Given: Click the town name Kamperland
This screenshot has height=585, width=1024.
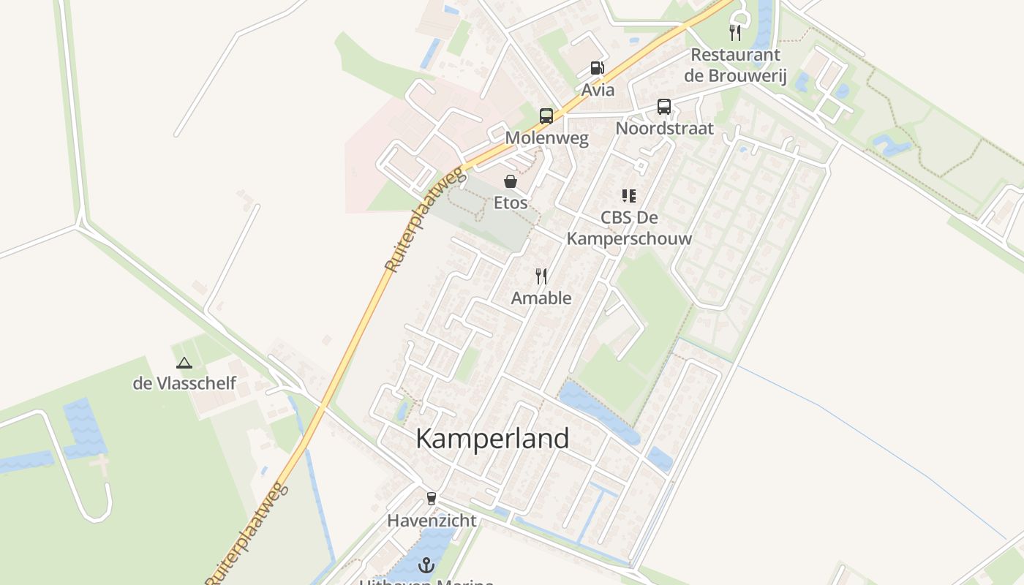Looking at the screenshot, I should [x=492, y=439].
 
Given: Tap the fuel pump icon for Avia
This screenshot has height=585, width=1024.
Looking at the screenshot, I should [x=598, y=69].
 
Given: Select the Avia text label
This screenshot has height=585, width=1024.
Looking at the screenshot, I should [x=598, y=91].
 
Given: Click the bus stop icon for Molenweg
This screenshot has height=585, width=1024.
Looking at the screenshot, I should [x=546, y=116].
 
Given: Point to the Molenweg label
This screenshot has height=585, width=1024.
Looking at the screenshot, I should [x=546, y=138].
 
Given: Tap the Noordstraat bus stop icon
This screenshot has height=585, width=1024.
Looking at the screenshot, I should [x=664, y=107].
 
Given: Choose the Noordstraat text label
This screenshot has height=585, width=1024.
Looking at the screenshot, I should [x=664, y=129].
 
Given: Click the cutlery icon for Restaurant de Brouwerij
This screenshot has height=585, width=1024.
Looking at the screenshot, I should [x=735, y=32].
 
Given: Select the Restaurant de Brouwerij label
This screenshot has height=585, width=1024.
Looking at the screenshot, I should [x=735, y=65].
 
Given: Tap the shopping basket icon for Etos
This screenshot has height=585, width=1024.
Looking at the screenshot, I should [x=511, y=181].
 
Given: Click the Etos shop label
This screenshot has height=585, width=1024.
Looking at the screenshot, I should [x=511, y=203].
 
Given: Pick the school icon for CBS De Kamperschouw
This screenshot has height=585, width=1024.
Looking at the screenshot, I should [x=629, y=196].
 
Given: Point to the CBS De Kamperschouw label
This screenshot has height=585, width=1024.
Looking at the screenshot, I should [x=629, y=228].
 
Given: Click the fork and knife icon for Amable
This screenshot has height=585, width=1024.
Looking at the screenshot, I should [x=541, y=276].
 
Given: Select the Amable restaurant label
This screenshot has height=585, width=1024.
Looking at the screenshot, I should [x=541, y=298].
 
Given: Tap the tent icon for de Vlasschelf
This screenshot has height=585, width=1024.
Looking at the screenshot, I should [x=184, y=362].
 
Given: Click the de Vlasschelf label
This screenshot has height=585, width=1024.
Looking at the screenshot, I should [x=184, y=383].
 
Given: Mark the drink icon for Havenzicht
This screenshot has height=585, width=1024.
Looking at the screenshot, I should [x=432, y=499].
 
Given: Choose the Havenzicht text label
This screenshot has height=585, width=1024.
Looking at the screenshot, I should [x=432, y=521].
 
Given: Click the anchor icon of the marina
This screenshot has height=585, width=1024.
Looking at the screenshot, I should [x=426, y=565].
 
